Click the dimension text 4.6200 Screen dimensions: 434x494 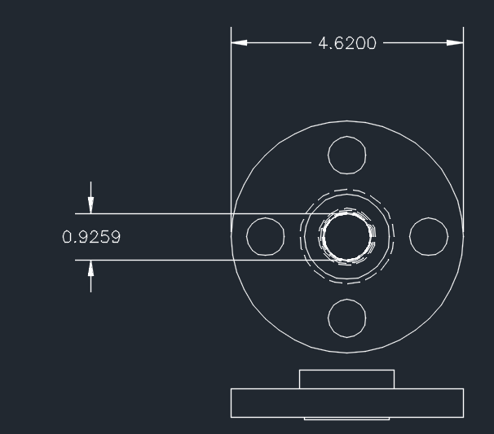coord(347,43)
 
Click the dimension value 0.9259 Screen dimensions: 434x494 coord(91,237)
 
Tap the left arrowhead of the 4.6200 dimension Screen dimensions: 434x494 coord(239,43)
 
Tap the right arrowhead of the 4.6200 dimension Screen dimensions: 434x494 coord(456,43)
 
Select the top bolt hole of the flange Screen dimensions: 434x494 coord(346,155)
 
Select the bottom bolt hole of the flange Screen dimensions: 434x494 coord(346,318)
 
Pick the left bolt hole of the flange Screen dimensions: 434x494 coord(265,237)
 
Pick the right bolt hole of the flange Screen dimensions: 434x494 coord(429,237)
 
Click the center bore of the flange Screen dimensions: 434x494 coord(346,237)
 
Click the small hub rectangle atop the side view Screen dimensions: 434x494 coord(346,379)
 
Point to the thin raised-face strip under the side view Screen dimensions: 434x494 coord(346,419)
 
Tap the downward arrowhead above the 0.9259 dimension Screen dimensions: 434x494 coord(90,205)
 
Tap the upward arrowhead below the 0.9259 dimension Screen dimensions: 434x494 coord(90,268)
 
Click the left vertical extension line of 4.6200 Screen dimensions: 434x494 coord(231,122)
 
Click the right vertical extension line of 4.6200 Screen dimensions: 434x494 coord(464,122)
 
